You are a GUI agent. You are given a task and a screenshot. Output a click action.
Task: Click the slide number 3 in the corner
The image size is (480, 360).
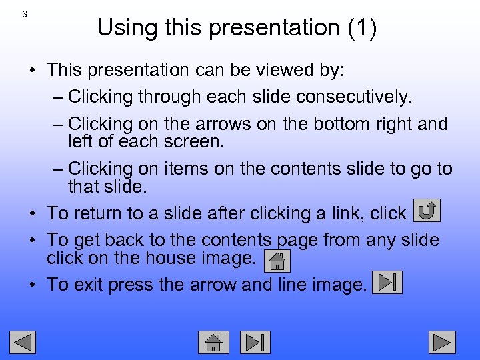coord(25,14)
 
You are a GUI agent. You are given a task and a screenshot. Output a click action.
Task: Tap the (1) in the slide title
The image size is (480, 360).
coord(362,28)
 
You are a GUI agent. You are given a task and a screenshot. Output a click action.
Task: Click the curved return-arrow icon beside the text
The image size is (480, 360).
coord(427,211)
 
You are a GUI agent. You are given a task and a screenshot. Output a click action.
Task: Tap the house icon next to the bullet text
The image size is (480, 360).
coord(277,261)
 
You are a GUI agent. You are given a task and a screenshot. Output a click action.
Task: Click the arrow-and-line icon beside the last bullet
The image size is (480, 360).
coord(387,282)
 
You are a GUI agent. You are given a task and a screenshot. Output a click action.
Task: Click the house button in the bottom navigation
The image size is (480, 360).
coord(213,342)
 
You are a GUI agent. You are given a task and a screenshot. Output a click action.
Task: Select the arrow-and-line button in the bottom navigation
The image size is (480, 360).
coord(255,342)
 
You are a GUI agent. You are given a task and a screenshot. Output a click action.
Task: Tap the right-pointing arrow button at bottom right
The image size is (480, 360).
coord(441,342)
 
